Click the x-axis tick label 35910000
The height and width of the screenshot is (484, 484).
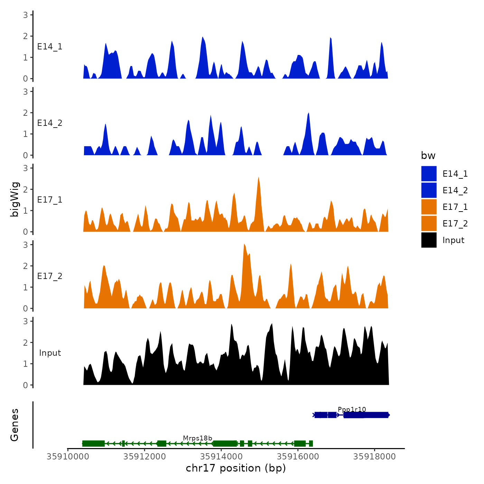point(68,456)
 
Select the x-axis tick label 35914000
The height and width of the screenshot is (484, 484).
point(221,456)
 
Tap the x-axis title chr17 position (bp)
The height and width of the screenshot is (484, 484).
point(236,468)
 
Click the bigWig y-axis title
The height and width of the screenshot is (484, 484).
point(15,199)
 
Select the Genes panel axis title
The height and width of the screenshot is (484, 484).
point(15,425)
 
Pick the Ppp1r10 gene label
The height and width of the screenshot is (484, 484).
point(352,410)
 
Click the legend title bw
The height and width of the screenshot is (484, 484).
point(428,156)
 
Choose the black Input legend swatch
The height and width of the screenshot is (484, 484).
point(429,240)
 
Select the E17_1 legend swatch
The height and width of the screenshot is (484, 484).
point(429,207)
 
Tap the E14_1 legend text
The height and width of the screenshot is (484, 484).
point(455,174)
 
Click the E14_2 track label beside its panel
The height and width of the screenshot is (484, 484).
point(50,123)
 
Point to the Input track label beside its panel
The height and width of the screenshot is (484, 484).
point(50,353)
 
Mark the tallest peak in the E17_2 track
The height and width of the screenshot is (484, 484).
point(244,245)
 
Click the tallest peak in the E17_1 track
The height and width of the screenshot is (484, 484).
point(259,178)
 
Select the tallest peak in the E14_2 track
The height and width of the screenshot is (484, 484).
point(308,113)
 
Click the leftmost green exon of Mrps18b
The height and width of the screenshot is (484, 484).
point(93,444)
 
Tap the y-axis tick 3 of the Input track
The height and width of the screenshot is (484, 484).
point(26,321)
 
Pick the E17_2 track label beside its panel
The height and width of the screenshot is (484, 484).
point(50,276)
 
